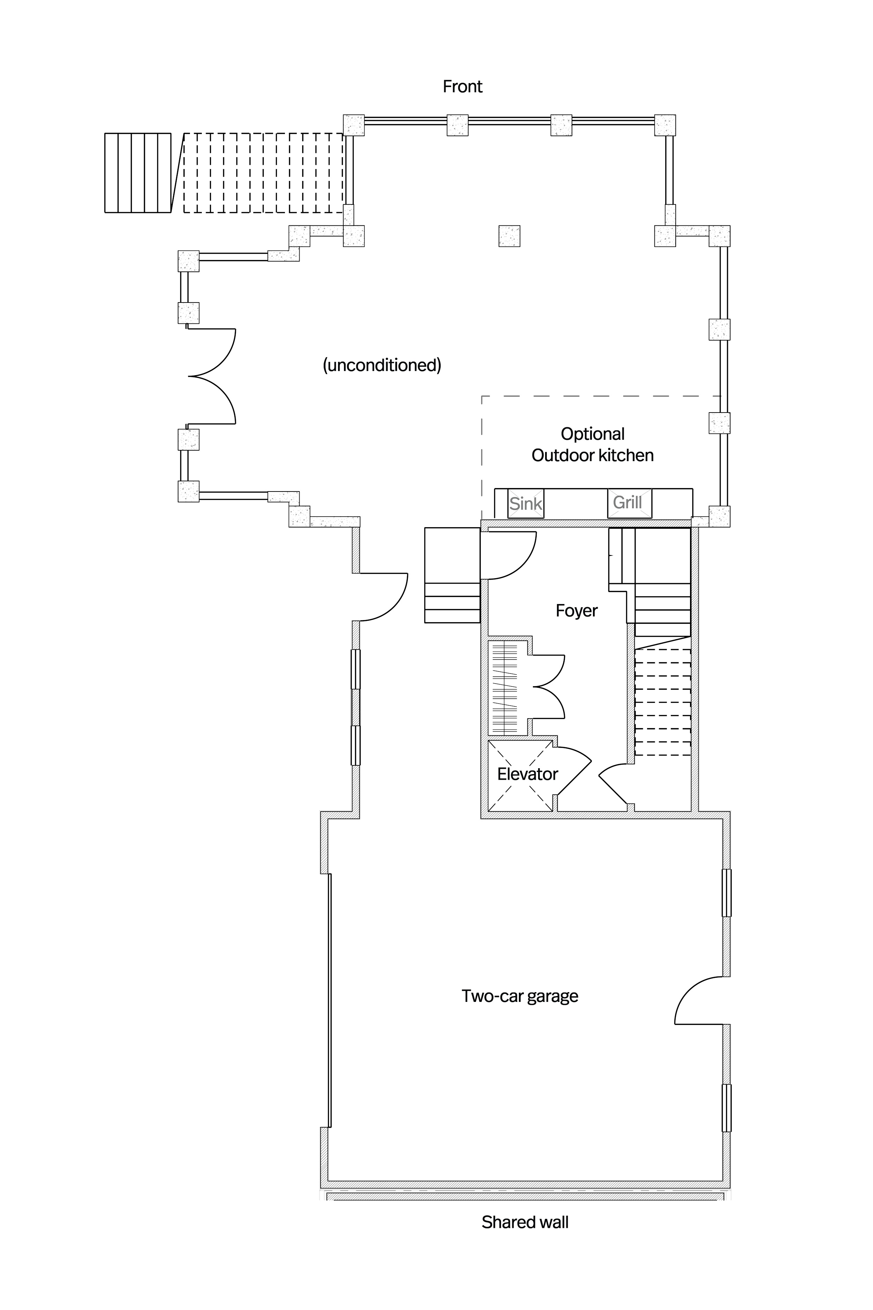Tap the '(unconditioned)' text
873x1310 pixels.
(x=382, y=365)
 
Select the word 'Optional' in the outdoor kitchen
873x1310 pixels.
(x=592, y=434)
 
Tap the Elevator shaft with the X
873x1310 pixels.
(x=521, y=774)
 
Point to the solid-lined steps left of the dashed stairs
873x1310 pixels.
(x=138, y=173)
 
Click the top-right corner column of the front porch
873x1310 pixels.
(x=665, y=125)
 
